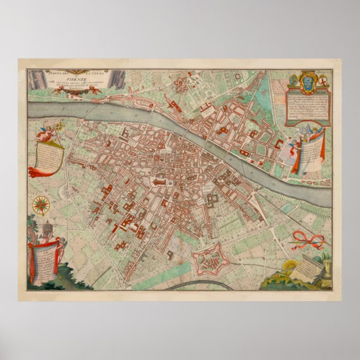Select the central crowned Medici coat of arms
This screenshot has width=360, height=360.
click(x=307, y=82)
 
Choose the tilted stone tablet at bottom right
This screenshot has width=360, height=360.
click(x=306, y=269)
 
